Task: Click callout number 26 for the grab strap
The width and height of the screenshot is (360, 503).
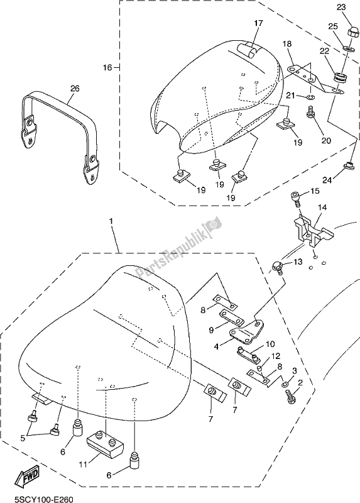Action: pyautogui.click(x=74, y=89)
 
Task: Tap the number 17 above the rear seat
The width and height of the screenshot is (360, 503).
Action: pyautogui.click(x=258, y=24)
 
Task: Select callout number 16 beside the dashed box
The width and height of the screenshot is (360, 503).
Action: pyautogui.click(x=107, y=67)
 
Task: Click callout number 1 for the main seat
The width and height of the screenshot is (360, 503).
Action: pyautogui.click(x=112, y=223)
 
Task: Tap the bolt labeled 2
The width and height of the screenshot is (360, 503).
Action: pyautogui.click(x=290, y=397)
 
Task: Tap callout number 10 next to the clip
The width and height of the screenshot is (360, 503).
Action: pyautogui.click(x=270, y=344)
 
